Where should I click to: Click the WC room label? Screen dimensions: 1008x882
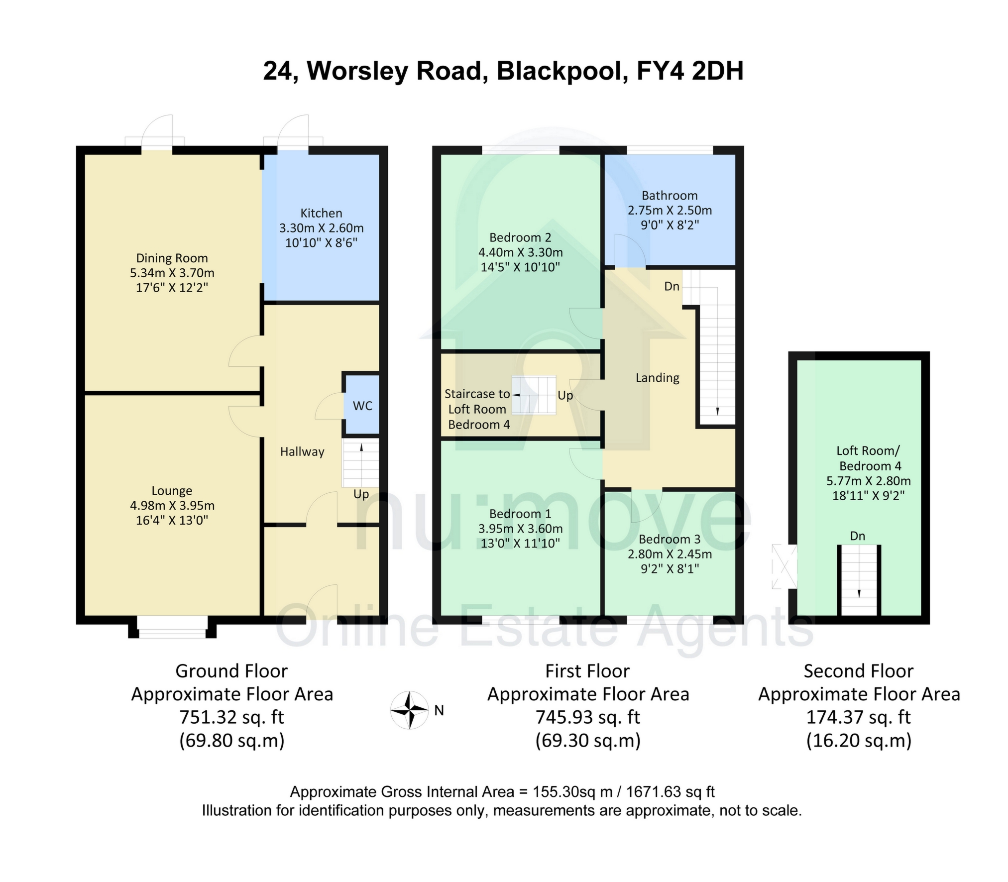362,406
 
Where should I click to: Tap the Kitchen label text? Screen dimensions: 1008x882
321,213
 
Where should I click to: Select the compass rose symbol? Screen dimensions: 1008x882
409,710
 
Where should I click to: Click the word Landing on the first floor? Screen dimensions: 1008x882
657,378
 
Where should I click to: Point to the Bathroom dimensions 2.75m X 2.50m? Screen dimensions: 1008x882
670,210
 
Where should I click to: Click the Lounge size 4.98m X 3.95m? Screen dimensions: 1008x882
172,506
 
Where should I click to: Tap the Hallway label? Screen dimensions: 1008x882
302,451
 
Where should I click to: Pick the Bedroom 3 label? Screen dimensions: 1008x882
670,539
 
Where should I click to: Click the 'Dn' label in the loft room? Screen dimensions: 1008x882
857,536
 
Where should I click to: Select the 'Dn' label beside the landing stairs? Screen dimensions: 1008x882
672,286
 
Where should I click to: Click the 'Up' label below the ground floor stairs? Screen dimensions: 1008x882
361,494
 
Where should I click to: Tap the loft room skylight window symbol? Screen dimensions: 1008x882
784,566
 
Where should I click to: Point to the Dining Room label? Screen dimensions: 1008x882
172,258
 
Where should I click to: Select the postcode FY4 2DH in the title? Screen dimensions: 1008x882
690,71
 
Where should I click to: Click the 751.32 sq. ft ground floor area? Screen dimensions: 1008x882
231,717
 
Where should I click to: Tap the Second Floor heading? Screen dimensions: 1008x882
858,671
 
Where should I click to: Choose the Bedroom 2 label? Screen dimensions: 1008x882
520,237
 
